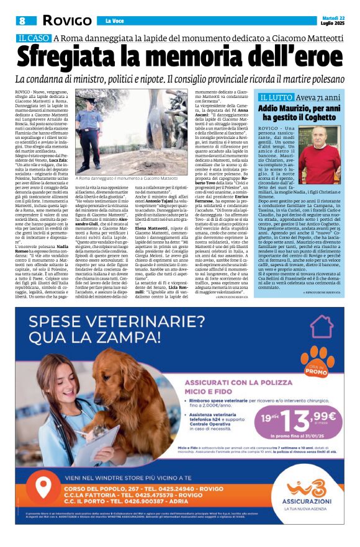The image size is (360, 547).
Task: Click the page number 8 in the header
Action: tap(21, 20)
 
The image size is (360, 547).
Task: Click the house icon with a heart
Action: tap(322, 326)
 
